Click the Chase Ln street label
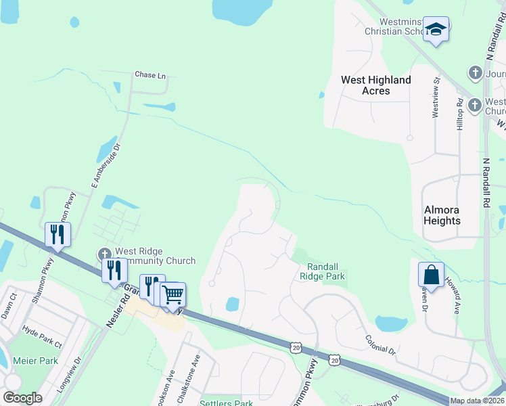pos(150,75)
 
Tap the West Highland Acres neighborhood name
pos(375,85)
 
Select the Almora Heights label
pos(442,215)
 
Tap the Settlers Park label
pos(226,403)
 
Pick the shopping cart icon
pos(173,294)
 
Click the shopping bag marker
pos(431,275)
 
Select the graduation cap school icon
pos(436,29)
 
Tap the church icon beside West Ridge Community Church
pos(105,254)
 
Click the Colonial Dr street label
pos(379,345)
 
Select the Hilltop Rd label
pos(460,115)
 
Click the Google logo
pos(22,398)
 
